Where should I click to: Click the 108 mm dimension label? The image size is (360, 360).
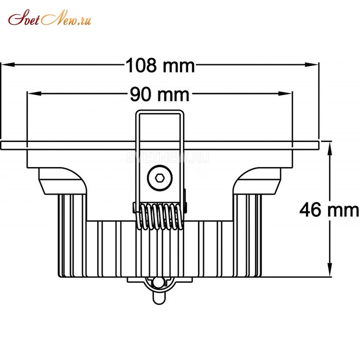[x=160, y=65]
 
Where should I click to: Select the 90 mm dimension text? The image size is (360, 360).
[x=160, y=94]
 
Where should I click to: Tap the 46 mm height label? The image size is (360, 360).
[x=329, y=210]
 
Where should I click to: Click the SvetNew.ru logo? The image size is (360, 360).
[x=49, y=17]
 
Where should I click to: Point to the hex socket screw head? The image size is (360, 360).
[x=159, y=178]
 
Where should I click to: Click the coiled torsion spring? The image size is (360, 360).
[x=160, y=217]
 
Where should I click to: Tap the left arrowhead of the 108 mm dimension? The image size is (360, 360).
[x=8, y=65]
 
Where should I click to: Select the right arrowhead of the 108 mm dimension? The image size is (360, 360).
[x=311, y=64]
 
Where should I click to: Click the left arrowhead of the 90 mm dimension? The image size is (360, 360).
[x=34, y=94]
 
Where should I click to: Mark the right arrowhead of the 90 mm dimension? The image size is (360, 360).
[x=285, y=94]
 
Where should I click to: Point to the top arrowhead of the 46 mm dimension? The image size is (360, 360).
[x=330, y=149]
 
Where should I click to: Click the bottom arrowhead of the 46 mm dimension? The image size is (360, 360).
[x=330, y=269]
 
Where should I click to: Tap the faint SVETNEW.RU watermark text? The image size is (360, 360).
[x=168, y=157]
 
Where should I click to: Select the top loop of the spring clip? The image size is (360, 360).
[x=160, y=113]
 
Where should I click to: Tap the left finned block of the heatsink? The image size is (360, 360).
[x=73, y=236]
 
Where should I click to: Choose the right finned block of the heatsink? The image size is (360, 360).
[x=247, y=236]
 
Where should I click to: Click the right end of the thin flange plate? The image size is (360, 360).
[x=319, y=146]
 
